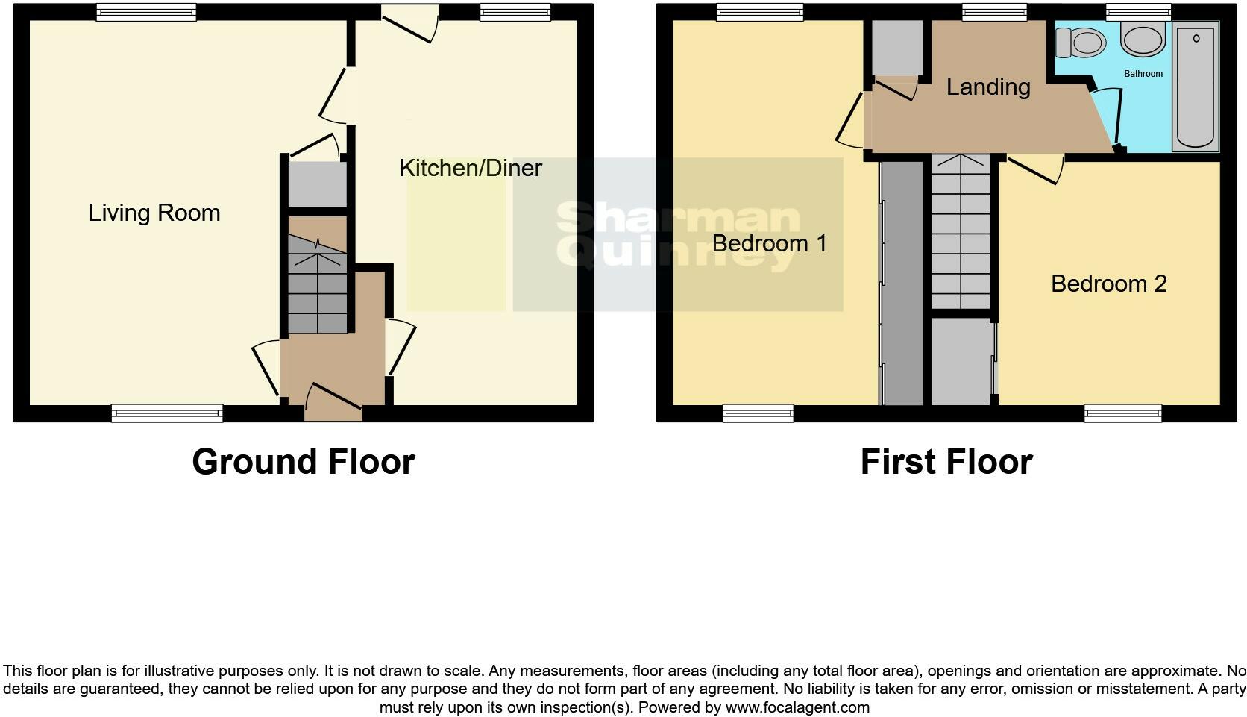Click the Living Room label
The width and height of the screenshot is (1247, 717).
(154, 213)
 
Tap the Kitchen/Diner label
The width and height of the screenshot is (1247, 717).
(470, 168)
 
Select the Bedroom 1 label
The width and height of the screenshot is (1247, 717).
(769, 243)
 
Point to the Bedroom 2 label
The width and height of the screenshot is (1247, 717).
(1108, 284)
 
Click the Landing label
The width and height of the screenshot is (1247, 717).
(988, 87)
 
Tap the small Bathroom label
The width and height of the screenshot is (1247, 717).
(1143, 74)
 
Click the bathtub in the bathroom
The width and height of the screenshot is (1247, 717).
(1196, 86)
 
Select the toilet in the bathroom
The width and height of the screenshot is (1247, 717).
(1080, 43)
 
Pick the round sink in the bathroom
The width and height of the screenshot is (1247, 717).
(1142, 38)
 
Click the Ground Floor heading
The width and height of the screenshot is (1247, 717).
(303, 462)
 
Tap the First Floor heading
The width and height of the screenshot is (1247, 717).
(946, 462)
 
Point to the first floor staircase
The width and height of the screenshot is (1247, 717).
(961, 231)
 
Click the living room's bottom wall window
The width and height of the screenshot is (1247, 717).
(167, 413)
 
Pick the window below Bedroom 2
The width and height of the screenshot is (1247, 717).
(1122, 413)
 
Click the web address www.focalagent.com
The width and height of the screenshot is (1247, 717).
(797, 707)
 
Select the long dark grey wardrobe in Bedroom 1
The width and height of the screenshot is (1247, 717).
(902, 284)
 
